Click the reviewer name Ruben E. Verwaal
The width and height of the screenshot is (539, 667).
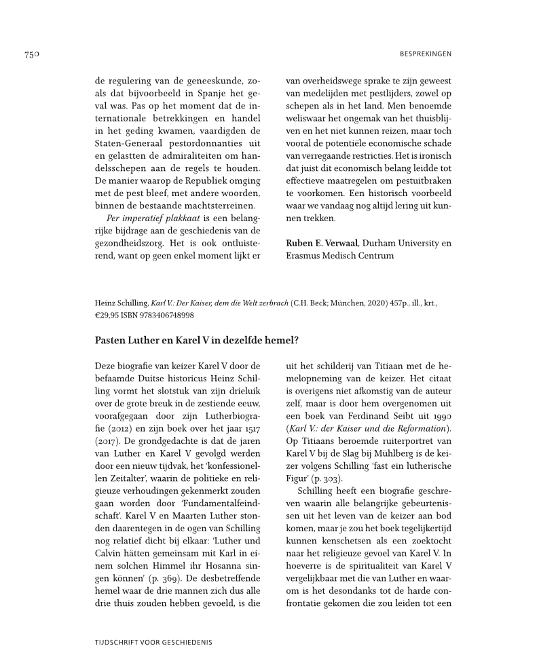(322, 243)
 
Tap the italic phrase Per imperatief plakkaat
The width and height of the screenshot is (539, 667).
(149, 218)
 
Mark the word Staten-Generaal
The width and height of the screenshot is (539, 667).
(128, 145)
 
